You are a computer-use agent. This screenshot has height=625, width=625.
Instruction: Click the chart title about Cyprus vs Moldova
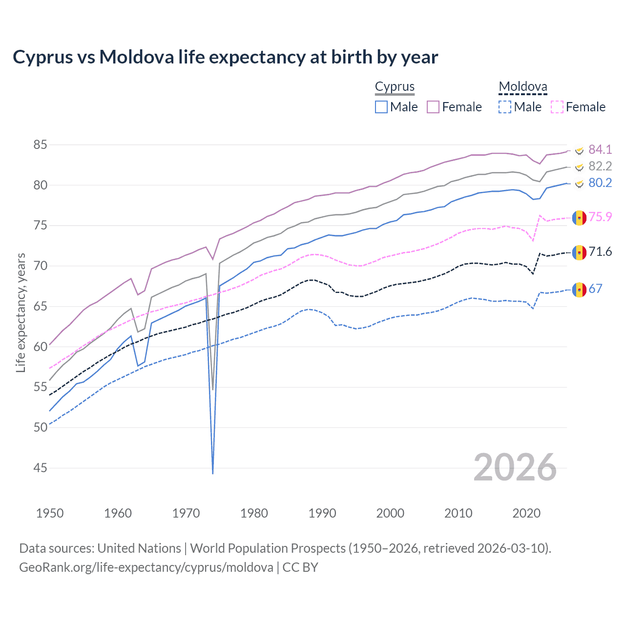pyautogui.click(x=225, y=57)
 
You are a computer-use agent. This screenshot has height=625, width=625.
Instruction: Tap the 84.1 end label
pyautogui.click(x=600, y=149)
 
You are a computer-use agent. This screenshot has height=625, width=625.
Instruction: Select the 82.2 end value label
pyautogui.click(x=600, y=166)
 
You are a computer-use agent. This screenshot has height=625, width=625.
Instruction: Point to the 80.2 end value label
pyautogui.click(x=600, y=183)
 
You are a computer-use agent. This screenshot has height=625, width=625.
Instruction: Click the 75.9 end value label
pyautogui.click(x=600, y=217)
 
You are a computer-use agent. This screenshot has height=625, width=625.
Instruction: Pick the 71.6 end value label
pyautogui.click(x=600, y=251)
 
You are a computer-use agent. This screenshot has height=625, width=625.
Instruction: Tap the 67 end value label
pyautogui.click(x=595, y=289)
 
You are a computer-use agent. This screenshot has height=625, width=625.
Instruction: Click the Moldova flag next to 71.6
pyautogui.click(x=579, y=252)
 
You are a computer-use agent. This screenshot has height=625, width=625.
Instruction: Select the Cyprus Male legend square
pyautogui.click(x=381, y=107)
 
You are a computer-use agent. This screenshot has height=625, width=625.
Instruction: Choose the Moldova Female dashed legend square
pyautogui.click(x=557, y=107)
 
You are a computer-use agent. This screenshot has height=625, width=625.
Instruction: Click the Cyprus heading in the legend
pyautogui.click(x=395, y=86)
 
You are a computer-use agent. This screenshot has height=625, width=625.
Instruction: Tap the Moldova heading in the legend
pyautogui.click(x=522, y=86)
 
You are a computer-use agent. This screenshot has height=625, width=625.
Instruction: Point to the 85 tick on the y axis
pyautogui.click(x=41, y=145)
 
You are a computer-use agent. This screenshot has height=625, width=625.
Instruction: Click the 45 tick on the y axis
pyautogui.click(x=41, y=468)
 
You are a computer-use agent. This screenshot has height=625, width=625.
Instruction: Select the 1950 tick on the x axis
pyautogui.click(x=50, y=513)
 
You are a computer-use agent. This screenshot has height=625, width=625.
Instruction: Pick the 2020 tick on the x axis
pyautogui.click(x=526, y=513)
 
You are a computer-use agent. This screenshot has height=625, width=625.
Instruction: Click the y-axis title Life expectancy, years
pyautogui.click(x=21, y=312)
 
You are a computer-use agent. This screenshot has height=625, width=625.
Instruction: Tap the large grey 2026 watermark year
pyautogui.click(x=515, y=467)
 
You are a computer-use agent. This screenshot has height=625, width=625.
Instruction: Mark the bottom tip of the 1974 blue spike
pyautogui.click(x=213, y=473)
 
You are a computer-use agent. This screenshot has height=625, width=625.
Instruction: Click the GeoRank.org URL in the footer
pyautogui.click(x=146, y=567)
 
